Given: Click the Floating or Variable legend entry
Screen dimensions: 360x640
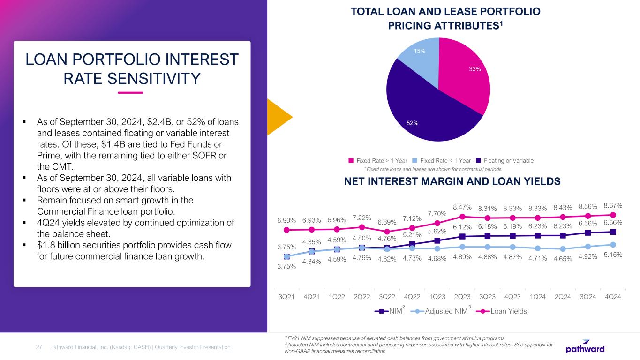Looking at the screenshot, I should coord(504,160).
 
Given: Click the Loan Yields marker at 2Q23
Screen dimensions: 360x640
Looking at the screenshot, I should coord(463,216).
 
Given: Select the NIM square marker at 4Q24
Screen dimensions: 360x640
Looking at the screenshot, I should coord(613,232).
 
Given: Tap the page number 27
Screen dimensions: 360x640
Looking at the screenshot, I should coord(40,347).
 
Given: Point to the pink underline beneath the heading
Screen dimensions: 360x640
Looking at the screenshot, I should coord(130,92).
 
